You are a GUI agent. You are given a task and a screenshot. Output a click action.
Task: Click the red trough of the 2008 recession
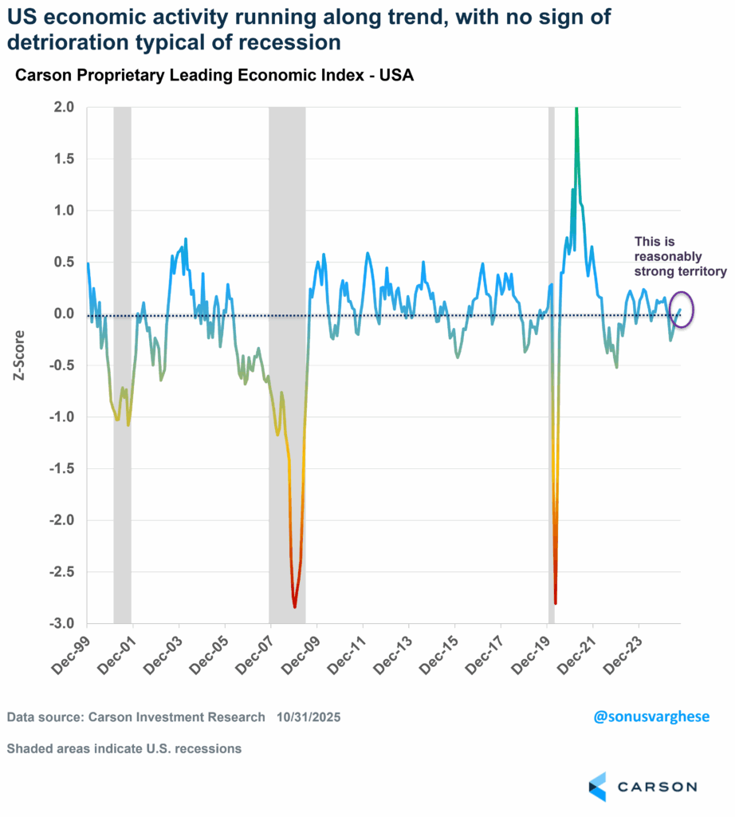(x=295, y=606)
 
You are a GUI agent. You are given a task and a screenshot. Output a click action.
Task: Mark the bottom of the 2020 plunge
(x=556, y=603)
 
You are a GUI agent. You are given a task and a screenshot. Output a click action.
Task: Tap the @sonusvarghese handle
(x=651, y=716)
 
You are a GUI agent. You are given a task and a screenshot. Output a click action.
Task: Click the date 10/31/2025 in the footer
(x=310, y=717)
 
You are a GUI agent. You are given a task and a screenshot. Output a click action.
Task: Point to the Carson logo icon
(x=597, y=786)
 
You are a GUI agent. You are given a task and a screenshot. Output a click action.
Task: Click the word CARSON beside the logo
(x=657, y=787)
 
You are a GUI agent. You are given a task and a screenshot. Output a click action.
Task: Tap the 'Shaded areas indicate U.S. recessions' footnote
(x=124, y=748)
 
